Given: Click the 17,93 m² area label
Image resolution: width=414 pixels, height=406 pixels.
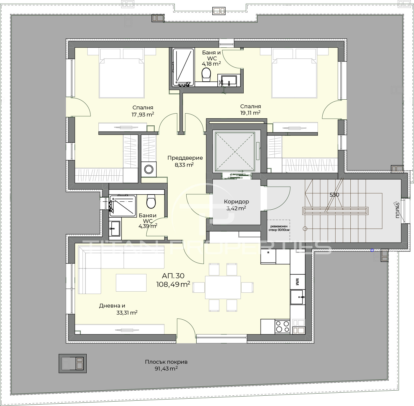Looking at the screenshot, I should (x=143, y=114).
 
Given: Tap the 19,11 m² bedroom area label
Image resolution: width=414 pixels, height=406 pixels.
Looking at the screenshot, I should (x=250, y=113).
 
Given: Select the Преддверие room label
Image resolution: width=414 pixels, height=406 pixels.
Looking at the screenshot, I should (x=185, y=158).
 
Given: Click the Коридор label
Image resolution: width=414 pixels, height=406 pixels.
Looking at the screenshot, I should (x=236, y=202).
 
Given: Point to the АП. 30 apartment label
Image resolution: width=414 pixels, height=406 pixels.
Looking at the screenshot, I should (x=173, y=276).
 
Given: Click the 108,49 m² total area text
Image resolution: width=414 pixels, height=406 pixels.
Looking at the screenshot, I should (x=173, y=284).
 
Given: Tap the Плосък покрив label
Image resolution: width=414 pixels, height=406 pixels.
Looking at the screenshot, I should (x=166, y=362).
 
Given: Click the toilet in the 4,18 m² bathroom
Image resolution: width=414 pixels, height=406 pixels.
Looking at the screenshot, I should (x=206, y=75).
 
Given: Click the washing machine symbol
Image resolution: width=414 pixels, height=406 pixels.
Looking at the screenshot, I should (x=148, y=169).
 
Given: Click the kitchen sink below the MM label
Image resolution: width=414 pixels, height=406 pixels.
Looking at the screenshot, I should (x=297, y=297).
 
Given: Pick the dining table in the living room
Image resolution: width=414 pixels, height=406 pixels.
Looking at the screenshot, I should (x=223, y=287).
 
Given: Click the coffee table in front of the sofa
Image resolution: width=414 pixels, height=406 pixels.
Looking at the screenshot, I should (x=131, y=283).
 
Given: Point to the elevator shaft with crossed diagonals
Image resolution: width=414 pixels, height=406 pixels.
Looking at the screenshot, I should (x=235, y=152).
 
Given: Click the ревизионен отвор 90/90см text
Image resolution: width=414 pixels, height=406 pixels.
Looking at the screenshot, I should (x=279, y=228).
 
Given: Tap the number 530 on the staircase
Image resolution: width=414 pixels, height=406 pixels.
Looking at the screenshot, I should (x=334, y=195).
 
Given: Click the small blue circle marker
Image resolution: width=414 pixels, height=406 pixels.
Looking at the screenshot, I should (x=372, y=250).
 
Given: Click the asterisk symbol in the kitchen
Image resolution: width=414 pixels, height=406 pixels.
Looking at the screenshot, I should (x=268, y=253).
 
